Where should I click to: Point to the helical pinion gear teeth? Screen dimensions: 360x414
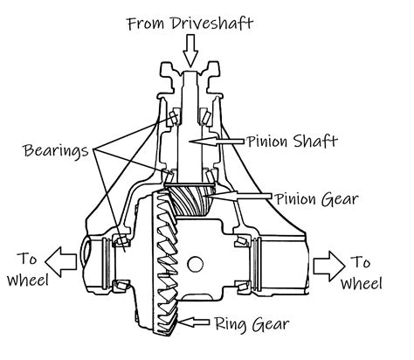click(192, 204)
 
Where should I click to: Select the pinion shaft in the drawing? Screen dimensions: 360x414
click(192, 131)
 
